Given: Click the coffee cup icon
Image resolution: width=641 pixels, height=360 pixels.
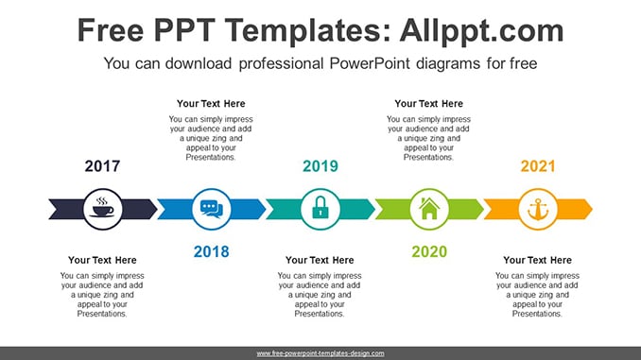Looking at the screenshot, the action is click(103, 207).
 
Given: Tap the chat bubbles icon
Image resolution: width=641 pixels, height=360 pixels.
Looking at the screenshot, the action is click(212, 209).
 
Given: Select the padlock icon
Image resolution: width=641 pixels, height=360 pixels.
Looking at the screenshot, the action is click(320, 207).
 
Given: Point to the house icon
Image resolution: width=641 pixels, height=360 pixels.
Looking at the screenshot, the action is click(429, 209).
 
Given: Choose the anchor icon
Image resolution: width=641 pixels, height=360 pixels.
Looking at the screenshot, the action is click(538, 209).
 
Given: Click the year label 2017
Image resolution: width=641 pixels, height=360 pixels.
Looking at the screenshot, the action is click(102, 166).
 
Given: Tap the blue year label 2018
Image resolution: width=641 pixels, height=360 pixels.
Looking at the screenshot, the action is click(212, 251).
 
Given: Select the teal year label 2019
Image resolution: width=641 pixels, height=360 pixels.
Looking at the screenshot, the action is click(320, 166).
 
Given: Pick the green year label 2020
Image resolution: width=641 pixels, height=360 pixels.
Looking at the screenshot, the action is click(429, 251).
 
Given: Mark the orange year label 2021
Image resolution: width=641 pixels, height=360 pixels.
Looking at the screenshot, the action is click(538, 166).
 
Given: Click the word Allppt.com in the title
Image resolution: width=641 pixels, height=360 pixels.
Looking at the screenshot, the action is click(481, 31).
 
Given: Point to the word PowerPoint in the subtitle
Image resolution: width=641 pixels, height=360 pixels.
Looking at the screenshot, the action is click(370, 63).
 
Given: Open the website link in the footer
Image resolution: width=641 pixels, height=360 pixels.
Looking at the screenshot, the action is click(320, 353).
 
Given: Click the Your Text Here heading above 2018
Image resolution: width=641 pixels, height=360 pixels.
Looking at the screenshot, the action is click(211, 104).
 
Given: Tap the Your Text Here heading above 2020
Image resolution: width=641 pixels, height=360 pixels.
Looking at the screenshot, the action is click(429, 104).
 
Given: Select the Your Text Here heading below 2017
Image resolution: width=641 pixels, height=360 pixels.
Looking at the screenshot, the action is click(102, 260).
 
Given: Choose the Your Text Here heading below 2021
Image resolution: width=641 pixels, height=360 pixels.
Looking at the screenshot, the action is click(538, 260).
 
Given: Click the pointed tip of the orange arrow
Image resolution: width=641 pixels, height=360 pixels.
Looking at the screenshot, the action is click(592, 209).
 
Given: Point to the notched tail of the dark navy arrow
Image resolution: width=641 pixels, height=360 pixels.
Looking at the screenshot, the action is click(58, 209).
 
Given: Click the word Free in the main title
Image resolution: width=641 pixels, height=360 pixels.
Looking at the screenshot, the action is click(111, 31).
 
